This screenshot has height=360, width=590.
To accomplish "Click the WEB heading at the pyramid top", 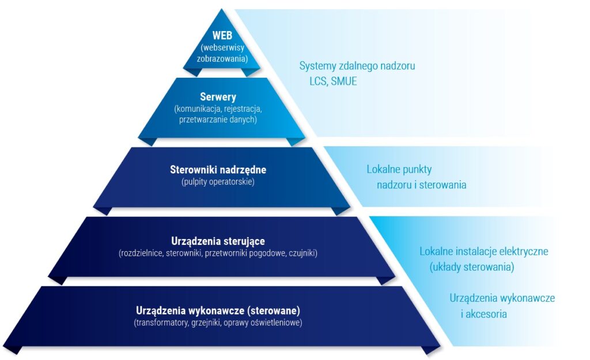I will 222,36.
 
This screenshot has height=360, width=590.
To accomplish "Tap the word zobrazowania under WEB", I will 222,58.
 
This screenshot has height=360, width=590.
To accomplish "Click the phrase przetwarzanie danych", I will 218,119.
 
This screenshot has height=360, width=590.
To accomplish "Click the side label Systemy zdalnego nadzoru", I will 357,66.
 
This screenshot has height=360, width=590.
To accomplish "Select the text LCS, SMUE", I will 333,81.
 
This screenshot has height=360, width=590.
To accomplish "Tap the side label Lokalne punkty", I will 399,169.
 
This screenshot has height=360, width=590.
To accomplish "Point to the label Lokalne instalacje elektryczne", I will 483,251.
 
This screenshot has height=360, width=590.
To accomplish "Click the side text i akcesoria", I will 483,314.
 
